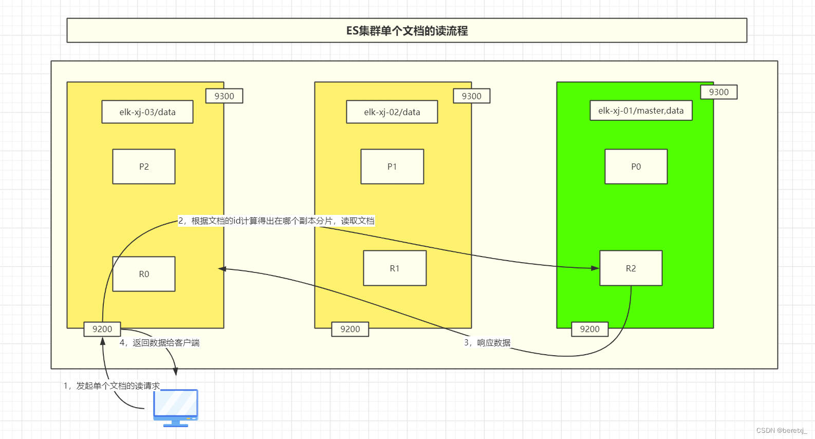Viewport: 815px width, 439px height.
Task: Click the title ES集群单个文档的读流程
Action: click(x=406, y=31)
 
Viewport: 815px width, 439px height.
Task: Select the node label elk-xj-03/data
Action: click(x=147, y=112)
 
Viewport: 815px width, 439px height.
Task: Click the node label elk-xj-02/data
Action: click(x=392, y=112)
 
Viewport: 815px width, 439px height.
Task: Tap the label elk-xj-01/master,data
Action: click(x=641, y=111)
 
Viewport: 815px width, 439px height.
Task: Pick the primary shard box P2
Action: click(x=144, y=167)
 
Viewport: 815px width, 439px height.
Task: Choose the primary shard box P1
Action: click(x=392, y=167)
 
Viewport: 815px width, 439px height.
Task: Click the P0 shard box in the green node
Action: click(x=636, y=167)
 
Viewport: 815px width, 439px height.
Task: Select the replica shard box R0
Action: click(x=144, y=274)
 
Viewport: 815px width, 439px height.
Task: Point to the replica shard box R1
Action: click(x=395, y=268)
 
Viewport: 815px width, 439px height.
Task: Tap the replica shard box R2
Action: click(x=631, y=268)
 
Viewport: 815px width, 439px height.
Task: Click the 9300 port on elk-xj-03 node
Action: click(x=224, y=96)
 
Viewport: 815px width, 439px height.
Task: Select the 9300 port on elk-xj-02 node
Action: click(x=471, y=96)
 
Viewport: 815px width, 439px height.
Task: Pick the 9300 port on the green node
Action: click(x=718, y=92)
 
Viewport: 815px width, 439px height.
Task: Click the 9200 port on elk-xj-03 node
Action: click(x=102, y=329)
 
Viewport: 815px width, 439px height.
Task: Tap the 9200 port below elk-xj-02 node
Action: click(x=350, y=329)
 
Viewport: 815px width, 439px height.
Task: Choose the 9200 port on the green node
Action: click(x=589, y=329)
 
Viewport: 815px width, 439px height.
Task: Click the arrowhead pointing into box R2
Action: click(x=595, y=268)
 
